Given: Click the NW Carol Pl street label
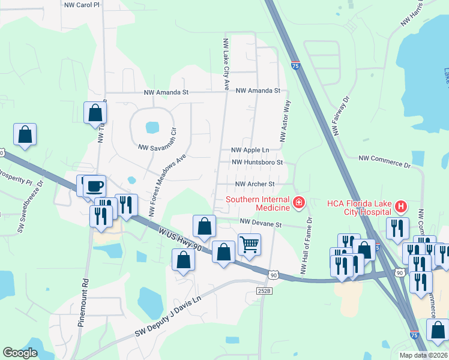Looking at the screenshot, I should pyautogui.click(x=81, y=4).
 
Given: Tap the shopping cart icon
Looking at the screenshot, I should pyautogui.click(x=249, y=244).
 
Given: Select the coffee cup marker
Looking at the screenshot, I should pyautogui.click(x=94, y=185).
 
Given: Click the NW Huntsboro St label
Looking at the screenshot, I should pyautogui.click(x=256, y=163).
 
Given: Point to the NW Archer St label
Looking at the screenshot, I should pyautogui.click(x=255, y=184).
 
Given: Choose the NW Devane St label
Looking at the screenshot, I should pyautogui.click(x=261, y=223).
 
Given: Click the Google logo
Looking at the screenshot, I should pyautogui.click(x=20, y=353).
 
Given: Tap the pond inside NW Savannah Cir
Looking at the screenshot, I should pyautogui.click(x=152, y=127).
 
